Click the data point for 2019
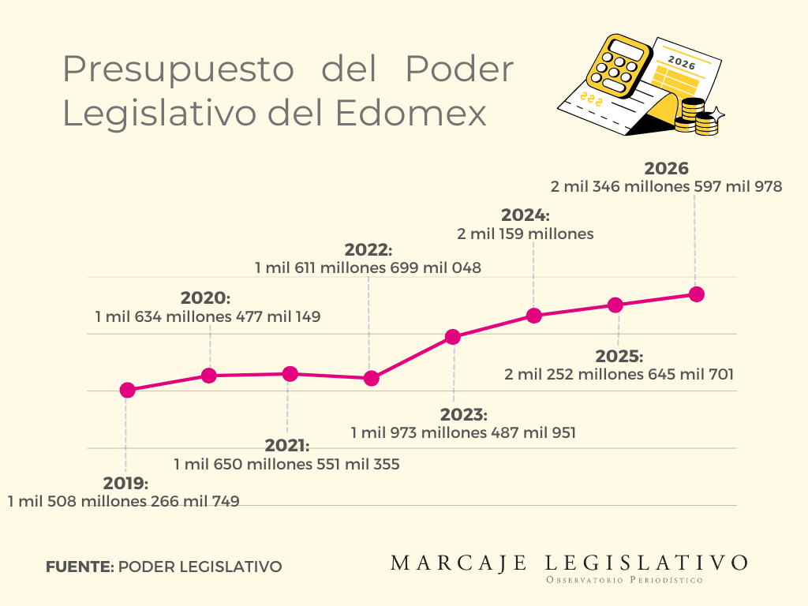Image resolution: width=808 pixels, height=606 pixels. [x=128, y=390]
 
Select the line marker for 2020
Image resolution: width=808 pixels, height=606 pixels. [x=209, y=376]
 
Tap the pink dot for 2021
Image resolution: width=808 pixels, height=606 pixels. [x=290, y=374]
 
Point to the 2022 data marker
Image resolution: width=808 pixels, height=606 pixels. [x=372, y=378]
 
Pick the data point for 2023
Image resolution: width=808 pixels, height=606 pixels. [x=453, y=337]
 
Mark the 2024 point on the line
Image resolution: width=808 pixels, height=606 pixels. [x=534, y=316]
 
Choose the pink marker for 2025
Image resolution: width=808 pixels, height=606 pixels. [x=615, y=305]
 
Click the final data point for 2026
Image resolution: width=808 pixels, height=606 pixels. [x=696, y=294]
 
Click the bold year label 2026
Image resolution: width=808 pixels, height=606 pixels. [x=667, y=168]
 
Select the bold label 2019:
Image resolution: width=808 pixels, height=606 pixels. [x=125, y=483]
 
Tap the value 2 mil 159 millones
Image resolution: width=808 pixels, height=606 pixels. [x=526, y=234]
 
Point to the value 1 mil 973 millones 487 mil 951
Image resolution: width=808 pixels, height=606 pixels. [x=463, y=432]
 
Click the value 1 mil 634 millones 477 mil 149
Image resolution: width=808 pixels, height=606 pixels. [x=208, y=317]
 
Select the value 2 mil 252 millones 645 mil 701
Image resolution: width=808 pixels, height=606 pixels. [x=619, y=374]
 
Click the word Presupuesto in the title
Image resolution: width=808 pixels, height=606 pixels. [x=178, y=70]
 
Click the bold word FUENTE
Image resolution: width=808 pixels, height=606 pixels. [x=80, y=567]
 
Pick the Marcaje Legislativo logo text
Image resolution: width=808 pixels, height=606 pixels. [x=569, y=563]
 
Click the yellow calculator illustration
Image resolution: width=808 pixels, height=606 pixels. [x=619, y=65]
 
